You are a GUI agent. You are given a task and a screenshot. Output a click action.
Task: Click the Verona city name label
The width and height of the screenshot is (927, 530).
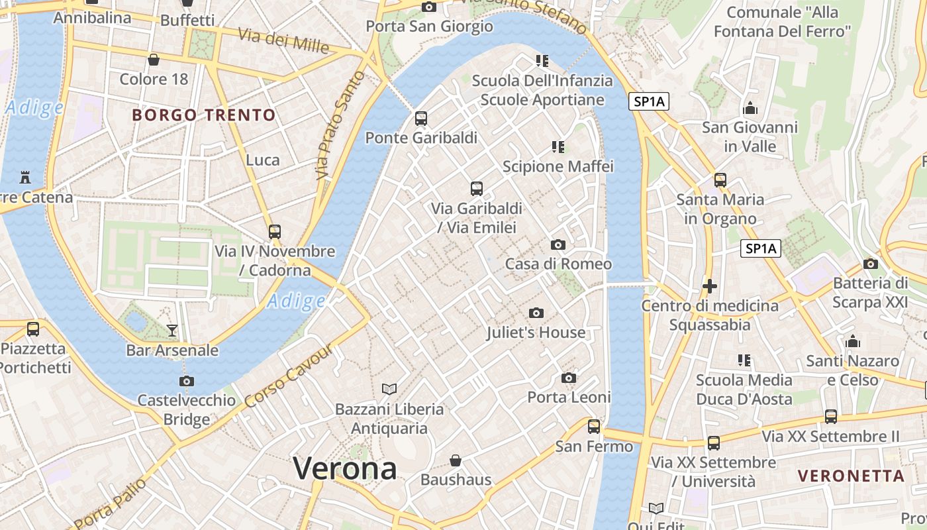click(345, 468)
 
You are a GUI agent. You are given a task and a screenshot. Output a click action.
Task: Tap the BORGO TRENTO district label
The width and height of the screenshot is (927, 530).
click(204, 115)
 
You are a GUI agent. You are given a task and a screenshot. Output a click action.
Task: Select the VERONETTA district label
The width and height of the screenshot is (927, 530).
click(851, 476)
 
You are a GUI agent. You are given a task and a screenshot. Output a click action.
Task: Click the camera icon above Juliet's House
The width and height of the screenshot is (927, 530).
click(536, 313)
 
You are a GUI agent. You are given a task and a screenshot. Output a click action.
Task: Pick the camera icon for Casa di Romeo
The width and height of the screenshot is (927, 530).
click(558, 244)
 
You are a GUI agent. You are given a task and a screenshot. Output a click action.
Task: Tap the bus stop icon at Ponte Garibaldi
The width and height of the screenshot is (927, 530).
click(421, 119)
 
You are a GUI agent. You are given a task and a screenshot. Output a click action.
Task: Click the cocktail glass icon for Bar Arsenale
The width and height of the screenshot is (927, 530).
click(172, 330)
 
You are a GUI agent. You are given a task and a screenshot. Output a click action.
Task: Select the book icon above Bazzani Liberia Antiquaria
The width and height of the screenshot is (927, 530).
click(389, 389)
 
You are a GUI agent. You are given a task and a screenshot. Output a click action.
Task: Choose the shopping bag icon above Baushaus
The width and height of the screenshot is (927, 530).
click(456, 460)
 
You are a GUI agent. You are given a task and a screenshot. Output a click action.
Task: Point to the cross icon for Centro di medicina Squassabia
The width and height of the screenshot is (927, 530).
click(710, 286)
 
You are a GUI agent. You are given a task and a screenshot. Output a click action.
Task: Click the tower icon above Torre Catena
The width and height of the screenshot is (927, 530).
click(25, 178)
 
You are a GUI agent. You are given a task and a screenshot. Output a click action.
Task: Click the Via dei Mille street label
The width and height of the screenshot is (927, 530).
click(283, 41)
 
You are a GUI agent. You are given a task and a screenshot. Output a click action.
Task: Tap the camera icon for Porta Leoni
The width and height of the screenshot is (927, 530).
click(568, 378)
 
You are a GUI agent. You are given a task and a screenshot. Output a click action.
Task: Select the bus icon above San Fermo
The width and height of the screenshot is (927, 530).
click(594, 427)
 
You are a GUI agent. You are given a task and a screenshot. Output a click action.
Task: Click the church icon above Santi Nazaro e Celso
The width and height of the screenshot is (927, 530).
click(853, 341)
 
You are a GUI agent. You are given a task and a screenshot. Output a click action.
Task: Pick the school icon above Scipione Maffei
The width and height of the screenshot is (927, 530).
click(558, 146)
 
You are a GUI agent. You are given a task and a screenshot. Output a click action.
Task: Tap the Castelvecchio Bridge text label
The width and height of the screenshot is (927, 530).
click(186, 409)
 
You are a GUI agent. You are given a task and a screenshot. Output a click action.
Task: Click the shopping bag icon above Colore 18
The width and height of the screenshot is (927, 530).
click(154, 60)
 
